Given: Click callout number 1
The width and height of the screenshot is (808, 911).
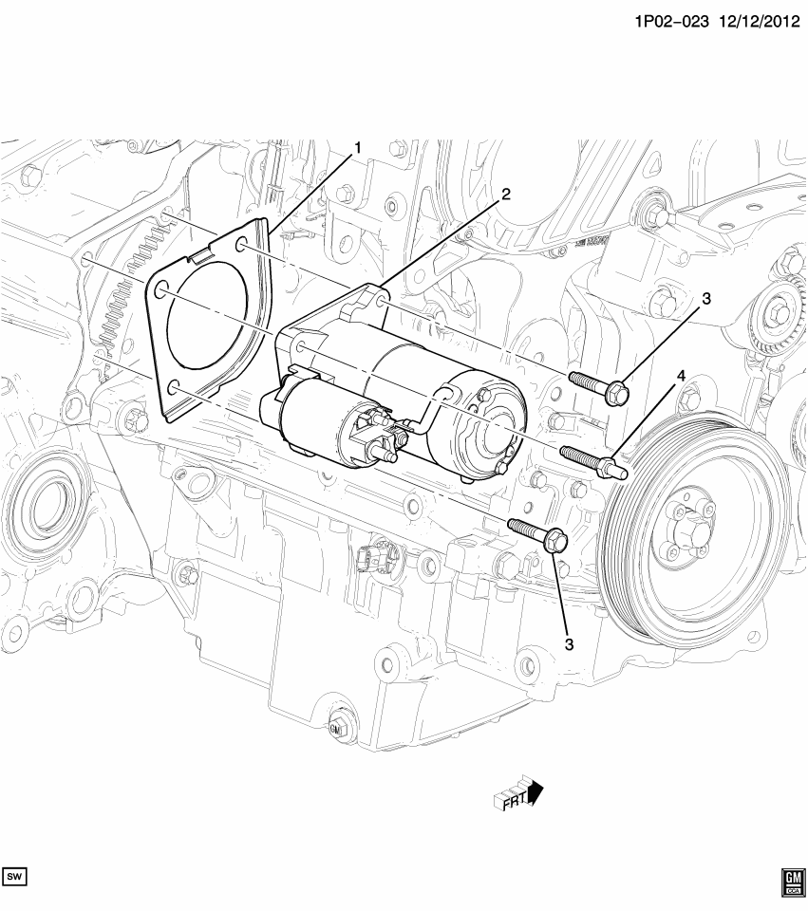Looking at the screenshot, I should pyautogui.click(x=358, y=148).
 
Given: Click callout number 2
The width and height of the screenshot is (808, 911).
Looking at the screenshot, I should pyautogui.click(x=506, y=194).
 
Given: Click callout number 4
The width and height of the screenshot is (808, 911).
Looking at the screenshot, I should pyautogui.click(x=680, y=378).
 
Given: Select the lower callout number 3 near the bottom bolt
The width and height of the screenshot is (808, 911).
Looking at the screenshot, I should pyautogui.click(x=569, y=644).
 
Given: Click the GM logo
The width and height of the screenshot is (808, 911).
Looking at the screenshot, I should pyautogui.click(x=792, y=883).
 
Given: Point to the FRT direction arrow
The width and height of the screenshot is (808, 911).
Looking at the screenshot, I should pyautogui.click(x=517, y=793).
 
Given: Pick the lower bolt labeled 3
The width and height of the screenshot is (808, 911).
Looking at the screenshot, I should pyautogui.click(x=537, y=534).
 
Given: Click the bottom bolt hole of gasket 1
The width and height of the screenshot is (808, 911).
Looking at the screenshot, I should pyautogui.click(x=173, y=387).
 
